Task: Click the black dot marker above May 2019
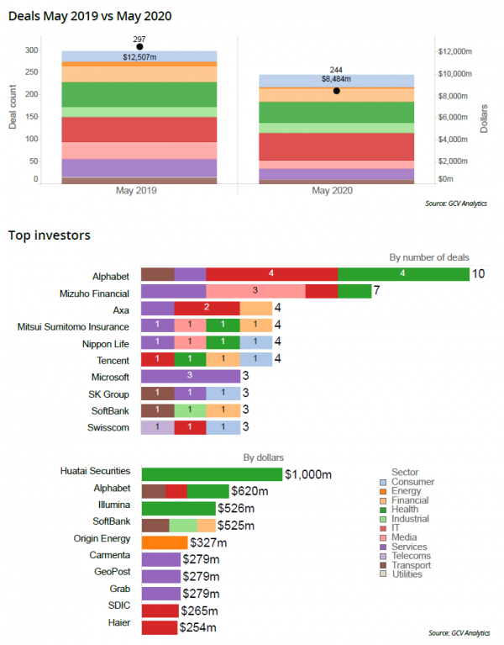[x=139, y=47]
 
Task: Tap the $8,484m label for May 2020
[x=336, y=79]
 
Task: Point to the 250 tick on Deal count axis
[x=30, y=72]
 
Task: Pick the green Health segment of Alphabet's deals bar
[x=403, y=274]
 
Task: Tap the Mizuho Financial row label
[x=94, y=292]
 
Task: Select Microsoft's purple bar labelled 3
[x=190, y=377]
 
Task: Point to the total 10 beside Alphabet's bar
[x=479, y=274]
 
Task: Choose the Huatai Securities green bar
[x=213, y=473]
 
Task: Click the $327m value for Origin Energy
[x=207, y=543]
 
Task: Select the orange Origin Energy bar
[x=165, y=543]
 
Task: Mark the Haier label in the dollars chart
[x=118, y=626]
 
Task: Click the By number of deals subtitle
[x=428, y=256]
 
